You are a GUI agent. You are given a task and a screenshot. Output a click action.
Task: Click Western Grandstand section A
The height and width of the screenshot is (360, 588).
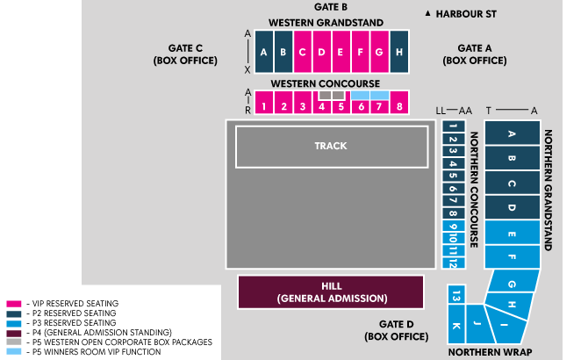coord(264,52)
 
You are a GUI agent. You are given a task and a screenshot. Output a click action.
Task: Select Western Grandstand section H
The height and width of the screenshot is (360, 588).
coord(398,52)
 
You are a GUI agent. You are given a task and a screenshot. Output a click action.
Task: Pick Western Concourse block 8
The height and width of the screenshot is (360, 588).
coord(398,106)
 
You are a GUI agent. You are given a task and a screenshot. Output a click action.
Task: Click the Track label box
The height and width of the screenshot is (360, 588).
coord(330,146)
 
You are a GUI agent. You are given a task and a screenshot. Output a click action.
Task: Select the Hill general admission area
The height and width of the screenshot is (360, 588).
coord(331,292)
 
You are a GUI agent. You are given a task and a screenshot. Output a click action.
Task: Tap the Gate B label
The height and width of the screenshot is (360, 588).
coord(331,7)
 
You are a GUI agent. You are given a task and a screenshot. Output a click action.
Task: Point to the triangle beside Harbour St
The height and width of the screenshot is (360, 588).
coord(427,14)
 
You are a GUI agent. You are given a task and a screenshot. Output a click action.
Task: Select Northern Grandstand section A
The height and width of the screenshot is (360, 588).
coord(512,133)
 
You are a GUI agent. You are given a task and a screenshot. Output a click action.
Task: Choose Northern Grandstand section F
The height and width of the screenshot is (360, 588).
coord(512,257)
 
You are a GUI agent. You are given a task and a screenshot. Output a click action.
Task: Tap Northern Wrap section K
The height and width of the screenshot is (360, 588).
coord(455,327)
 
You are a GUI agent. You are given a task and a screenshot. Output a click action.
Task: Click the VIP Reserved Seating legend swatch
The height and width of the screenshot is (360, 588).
coord(13,304)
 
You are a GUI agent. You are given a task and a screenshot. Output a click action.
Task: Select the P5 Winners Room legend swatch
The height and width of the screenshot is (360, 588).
coord(13,351)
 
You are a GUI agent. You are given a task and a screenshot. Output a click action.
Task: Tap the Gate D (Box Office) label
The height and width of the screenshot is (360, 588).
coord(396,329)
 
